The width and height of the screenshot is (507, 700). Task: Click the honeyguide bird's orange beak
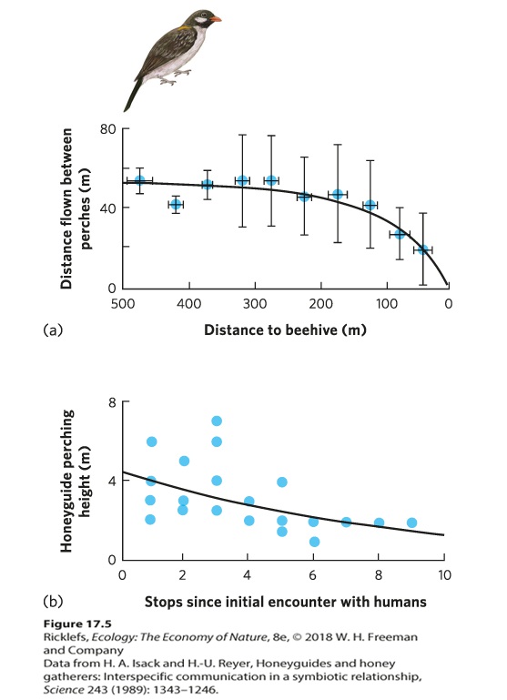(216, 19)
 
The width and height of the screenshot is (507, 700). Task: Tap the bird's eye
(205, 14)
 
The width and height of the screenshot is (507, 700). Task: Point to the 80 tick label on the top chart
(107, 129)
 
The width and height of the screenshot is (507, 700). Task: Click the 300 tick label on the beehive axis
(255, 304)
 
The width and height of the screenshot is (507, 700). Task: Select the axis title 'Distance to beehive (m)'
(285, 330)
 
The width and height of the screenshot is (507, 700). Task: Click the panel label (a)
(53, 330)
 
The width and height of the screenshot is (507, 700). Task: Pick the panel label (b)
(53, 602)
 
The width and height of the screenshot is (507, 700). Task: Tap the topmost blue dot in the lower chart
(217, 421)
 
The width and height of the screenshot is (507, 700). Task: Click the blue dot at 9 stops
(411, 522)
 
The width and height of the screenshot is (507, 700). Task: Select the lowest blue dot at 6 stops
(314, 542)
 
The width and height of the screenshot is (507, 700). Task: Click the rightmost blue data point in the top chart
(422, 250)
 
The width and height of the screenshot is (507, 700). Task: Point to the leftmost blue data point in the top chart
(139, 180)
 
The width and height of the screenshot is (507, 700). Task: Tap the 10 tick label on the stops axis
(444, 575)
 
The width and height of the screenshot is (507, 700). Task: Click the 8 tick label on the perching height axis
(112, 402)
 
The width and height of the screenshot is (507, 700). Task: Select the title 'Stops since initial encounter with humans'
(285, 602)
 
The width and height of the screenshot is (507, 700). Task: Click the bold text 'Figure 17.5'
(77, 624)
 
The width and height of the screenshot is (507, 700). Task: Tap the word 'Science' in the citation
(64, 690)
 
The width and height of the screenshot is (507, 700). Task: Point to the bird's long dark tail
(133, 95)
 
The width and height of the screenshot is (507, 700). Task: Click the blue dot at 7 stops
(346, 522)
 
